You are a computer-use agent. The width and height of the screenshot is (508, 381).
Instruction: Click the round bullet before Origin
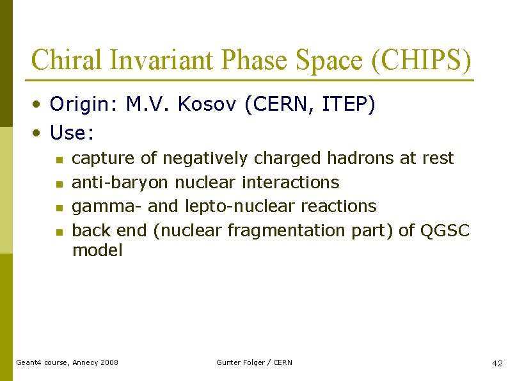coord(38,105)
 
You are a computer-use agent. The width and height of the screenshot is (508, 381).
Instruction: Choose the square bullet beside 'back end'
coord(58,232)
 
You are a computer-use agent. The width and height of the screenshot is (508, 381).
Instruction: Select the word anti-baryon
coord(120,182)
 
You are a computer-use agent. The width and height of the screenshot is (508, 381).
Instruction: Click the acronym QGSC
coord(445,231)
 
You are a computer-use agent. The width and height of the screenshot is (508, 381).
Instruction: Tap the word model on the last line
coord(97,250)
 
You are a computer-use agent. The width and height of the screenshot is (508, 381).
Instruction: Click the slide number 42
coord(497,363)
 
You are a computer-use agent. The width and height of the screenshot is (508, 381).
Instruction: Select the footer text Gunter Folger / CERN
coord(254,362)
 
